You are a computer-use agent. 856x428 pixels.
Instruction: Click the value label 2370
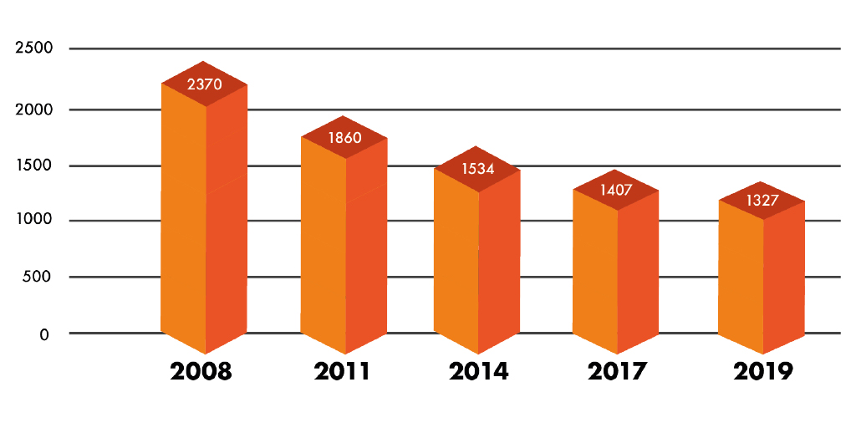click(205, 84)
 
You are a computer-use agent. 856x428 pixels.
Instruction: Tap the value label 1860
click(344, 138)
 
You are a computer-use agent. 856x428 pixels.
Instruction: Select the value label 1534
click(477, 169)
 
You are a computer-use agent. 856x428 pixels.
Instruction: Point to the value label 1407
click(616, 190)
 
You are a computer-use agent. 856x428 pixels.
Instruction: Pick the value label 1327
click(762, 201)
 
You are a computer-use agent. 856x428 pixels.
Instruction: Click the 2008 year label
click(201, 371)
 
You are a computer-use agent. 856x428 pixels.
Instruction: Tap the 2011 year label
click(342, 371)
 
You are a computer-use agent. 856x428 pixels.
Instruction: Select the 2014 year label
click(478, 371)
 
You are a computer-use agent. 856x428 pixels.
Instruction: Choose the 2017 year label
click(617, 371)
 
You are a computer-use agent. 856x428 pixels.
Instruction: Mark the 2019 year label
click(762, 371)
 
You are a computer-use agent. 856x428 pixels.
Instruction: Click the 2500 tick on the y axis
click(34, 48)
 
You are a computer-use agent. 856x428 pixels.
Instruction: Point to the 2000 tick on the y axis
click(34, 110)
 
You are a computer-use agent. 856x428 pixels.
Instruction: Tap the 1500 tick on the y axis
click(34, 166)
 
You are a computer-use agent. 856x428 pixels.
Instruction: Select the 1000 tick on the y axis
click(34, 221)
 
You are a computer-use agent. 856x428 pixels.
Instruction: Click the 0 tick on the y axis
click(44, 334)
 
